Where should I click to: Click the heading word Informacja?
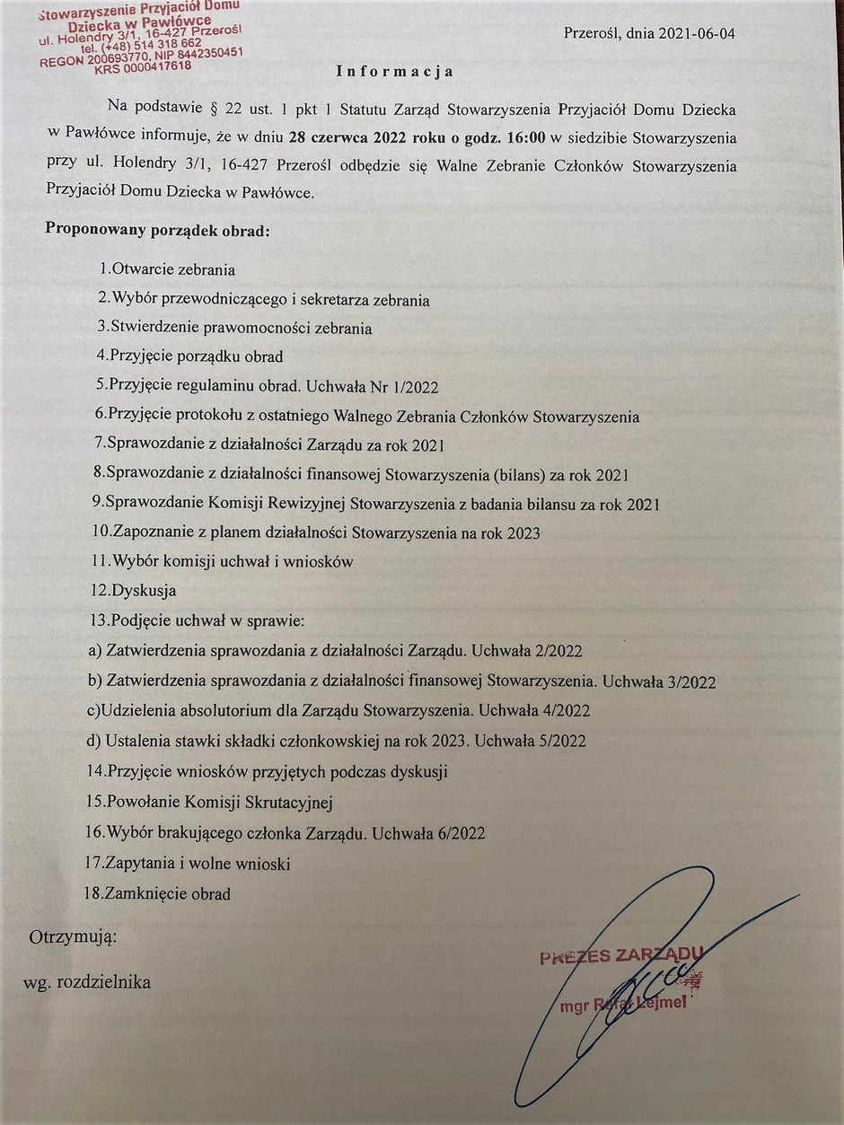[x=395, y=71]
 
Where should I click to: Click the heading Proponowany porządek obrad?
[x=157, y=229]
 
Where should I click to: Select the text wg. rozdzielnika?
[x=87, y=982]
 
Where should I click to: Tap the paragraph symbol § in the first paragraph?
[x=220, y=109]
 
